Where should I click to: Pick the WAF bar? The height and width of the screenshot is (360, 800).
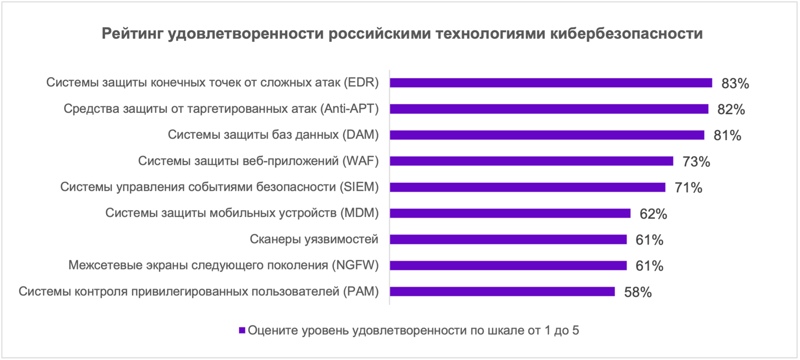(x=531, y=161)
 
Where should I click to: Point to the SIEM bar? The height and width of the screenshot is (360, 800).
(x=527, y=187)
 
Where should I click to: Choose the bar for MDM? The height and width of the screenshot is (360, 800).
(x=510, y=213)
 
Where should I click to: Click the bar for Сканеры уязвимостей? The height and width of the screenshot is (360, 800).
(x=508, y=239)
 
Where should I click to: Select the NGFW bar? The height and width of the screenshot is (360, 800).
(x=508, y=266)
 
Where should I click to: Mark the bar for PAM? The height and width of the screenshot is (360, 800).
(x=502, y=291)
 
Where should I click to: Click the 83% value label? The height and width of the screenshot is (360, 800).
(x=735, y=83)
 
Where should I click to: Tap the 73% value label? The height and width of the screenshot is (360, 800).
(x=696, y=162)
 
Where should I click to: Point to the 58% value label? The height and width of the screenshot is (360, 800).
(x=638, y=292)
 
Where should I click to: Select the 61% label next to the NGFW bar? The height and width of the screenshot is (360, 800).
(x=649, y=266)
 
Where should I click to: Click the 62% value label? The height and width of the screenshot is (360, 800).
(x=653, y=214)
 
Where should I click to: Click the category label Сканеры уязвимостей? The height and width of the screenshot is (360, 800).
(x=314, y=239)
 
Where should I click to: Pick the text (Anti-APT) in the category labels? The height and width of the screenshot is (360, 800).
(x=349, y=109)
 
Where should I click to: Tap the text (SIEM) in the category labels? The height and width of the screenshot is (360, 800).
(x=358, y=187)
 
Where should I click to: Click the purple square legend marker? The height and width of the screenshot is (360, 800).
(x=242, y=330)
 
